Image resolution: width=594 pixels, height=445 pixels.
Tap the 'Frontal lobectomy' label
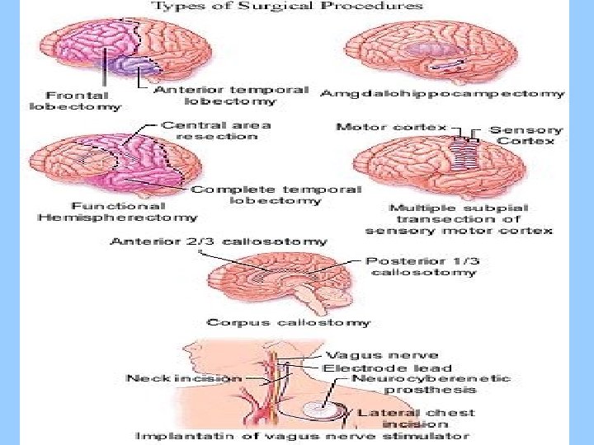tap(75, 100)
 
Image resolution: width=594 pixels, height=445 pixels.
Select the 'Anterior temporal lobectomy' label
tap(231, 95)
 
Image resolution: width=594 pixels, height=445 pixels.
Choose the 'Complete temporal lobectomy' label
tap(276, 194)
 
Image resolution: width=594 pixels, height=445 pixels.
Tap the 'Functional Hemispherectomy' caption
tap(117, 212)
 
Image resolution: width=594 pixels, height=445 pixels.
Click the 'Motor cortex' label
tap(391, 128)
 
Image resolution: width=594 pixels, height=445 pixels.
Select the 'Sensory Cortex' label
tap(526, 135)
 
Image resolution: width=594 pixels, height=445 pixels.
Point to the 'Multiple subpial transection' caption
tap(459, 219)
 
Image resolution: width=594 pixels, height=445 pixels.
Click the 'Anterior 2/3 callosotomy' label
tap(218, 242)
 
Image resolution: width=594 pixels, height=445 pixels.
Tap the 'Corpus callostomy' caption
tap(289, 322)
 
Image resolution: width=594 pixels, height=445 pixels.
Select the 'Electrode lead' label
tap(387, 368)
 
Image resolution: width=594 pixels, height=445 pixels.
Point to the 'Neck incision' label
tap(184, 377)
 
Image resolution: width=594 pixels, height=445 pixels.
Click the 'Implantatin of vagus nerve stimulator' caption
tap(303, 436)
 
